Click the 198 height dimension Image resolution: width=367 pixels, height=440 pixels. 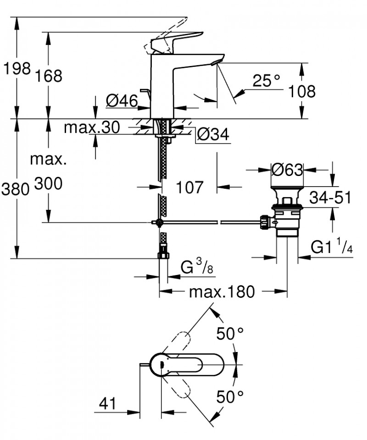tap(17, 68)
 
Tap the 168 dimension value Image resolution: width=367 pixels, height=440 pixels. tap(48, 76)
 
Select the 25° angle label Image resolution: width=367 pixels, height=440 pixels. tap(266, 81)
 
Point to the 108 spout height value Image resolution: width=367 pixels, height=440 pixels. tap(302, 92)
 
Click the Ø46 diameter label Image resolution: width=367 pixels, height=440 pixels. tap(122, 101)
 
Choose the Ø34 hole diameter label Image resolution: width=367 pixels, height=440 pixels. tap(213, 134)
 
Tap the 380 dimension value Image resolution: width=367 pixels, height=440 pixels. tap(15, 189)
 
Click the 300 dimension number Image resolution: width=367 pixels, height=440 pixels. tap(48, 184)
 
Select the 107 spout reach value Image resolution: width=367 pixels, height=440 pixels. tap(189, 187)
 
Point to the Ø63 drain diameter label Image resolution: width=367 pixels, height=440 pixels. tap(288, 170)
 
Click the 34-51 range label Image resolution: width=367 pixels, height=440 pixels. tap(330, 198)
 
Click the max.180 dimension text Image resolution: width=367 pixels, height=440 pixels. tap(222, 291)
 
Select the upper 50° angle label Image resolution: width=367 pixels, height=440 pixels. tap(230, 334)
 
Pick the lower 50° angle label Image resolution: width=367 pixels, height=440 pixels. tap(230, 397)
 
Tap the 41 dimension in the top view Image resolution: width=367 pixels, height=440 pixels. tap(107, 404)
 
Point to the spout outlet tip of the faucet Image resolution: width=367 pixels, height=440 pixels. tap(217, 62)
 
